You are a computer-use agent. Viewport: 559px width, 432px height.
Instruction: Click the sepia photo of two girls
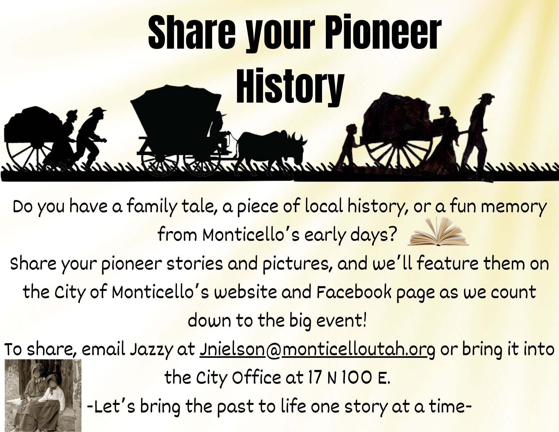tap(43, 395)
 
